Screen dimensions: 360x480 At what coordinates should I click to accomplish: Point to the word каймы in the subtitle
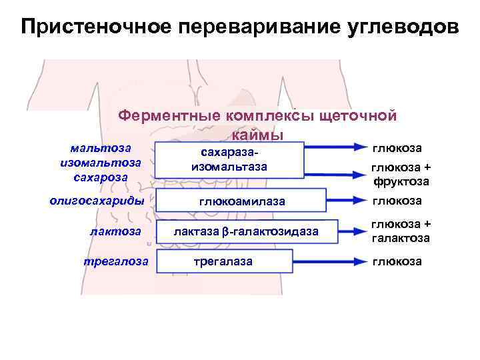[x=258, y=135]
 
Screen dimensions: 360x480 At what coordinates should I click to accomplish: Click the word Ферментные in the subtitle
[x=169, y=115]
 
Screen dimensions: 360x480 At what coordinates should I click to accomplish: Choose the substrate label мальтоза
[x=101, y=147]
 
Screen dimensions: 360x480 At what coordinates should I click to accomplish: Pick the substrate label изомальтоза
[x=101, y=162]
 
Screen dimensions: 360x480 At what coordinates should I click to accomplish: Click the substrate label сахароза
[x=101, y=177]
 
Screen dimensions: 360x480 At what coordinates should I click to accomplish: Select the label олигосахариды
[x=98, y=200]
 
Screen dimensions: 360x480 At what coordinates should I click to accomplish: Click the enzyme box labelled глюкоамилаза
[x=241, y=201]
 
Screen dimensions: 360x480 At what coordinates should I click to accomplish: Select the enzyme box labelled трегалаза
[x=223, y=261]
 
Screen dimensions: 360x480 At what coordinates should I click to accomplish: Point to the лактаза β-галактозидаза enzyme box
[x=246, y=231]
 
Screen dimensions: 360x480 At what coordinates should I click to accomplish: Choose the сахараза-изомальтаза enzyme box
[x=229, y=161]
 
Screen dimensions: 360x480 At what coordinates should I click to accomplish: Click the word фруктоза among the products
[x=400, y=181]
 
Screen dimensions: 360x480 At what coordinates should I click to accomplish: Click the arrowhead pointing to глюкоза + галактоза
[x=359, y=231]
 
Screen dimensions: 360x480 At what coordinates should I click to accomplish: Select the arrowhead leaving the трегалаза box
[x=359, y=261]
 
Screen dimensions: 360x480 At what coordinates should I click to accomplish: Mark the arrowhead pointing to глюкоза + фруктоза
[x=359, y=174]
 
